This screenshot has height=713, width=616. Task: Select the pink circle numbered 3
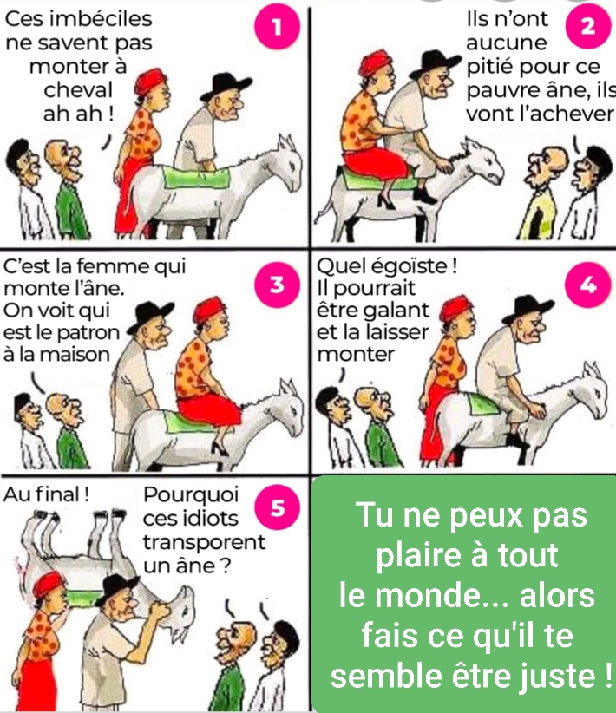(x=277, y=285)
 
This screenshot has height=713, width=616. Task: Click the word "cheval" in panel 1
(x=78, y=90)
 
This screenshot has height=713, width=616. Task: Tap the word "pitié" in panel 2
(x=488, y=66)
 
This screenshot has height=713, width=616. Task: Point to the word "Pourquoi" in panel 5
(x=183, y=496)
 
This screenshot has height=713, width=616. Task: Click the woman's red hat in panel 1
(x=154, y=81)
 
